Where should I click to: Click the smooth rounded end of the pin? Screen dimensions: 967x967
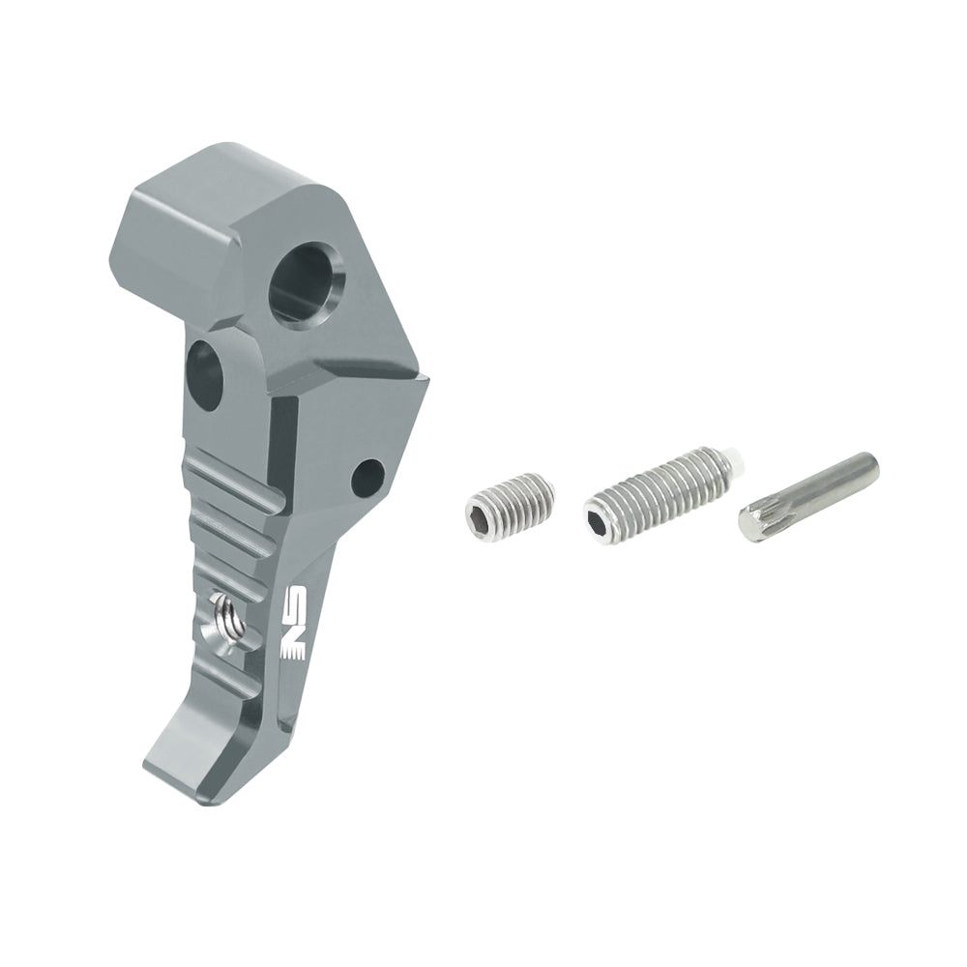click(869, 465)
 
